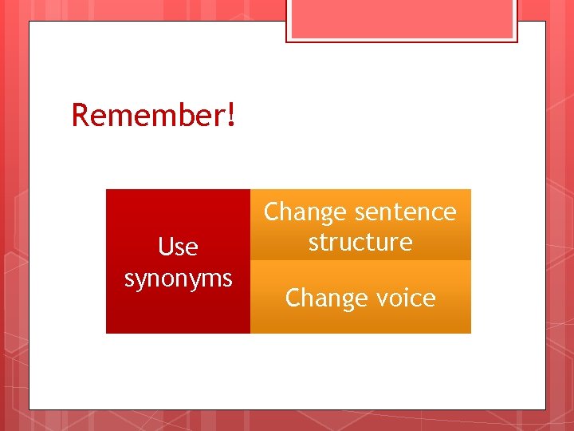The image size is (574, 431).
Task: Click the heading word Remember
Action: coord(148,115)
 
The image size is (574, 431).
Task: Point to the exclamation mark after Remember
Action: coord(231,115)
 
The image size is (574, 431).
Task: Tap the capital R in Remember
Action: coord(80,115)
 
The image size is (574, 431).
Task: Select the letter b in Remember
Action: coord(172,115)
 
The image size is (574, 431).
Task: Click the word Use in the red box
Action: coord(178,247)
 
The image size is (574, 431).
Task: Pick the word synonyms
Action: coord(178,278)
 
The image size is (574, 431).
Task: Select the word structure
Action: coord(360,242)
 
